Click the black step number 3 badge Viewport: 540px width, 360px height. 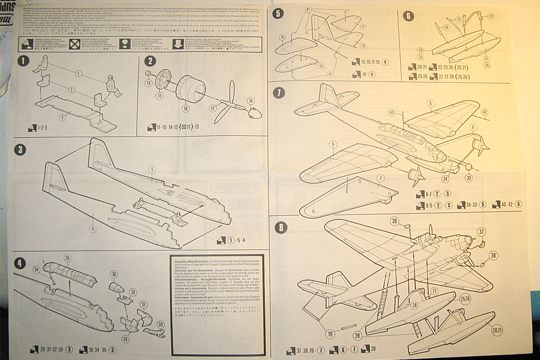(x=20, y=150)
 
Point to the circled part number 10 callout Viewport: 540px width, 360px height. (x=185, y=108)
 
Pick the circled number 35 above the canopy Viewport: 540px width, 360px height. (x=67, y=258)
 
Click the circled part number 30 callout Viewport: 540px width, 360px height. (x=161, y=324)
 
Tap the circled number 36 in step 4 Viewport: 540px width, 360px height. (x=114, y=274)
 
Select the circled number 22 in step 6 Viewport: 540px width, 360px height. (x=491, y=16)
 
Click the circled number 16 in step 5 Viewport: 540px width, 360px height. (x=322, y=65)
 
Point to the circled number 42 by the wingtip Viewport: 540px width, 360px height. (x=484, y=112)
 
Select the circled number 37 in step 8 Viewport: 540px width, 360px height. (x=482, y=231)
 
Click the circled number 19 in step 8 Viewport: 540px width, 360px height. (x=331, y=333)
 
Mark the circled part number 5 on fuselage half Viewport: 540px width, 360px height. (x=151, y=170)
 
